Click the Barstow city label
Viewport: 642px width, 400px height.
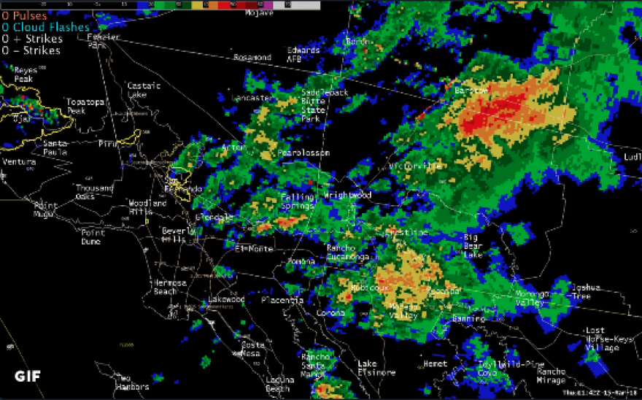(x=471, y=91)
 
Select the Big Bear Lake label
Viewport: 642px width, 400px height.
(x=473, y=246)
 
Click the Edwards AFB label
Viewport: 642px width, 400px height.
(x=303, y=55)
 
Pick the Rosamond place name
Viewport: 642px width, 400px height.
(x=252, y=58)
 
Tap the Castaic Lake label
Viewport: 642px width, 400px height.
(x=143, y=90)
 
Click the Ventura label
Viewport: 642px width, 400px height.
(x=20, y=161)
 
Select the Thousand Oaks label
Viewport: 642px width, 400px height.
(x=95, y=192)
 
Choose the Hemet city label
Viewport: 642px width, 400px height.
(x=435, y=363)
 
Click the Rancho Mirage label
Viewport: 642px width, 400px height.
(x=551, y=375)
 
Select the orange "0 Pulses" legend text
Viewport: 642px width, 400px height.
(x=24, y=15)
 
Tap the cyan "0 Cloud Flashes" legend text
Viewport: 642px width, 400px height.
(x=45, y=27)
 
